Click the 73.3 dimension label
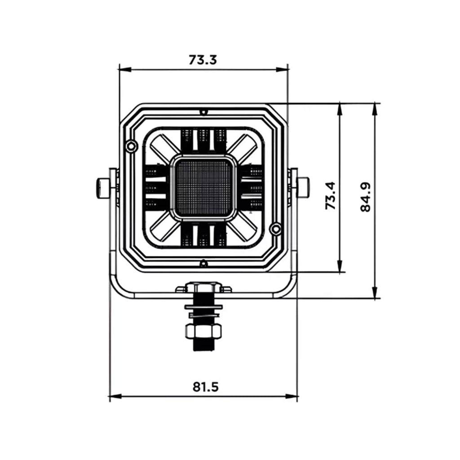click(203, 60)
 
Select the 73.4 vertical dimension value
click(331, 195)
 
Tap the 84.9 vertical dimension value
click(366, 197)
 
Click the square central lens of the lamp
click(203, 188)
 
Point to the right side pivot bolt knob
click(302, 187)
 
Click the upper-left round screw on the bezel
click(131, 146)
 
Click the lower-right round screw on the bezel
click(275, 228)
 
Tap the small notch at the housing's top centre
click(203, 111)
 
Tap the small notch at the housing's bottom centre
click(203, 263)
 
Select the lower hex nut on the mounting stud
click(203, 332)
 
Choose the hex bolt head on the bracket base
click(203, 287)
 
